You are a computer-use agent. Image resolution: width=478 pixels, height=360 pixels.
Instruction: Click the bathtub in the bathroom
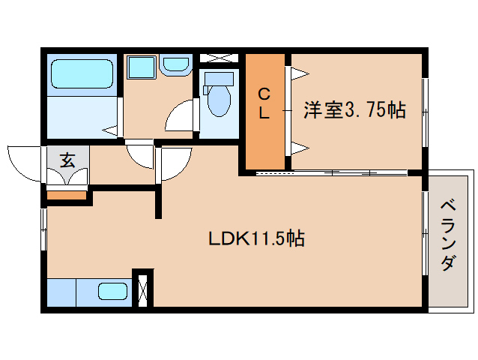coord(82,73)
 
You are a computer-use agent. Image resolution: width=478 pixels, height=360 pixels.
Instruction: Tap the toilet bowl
coord(219,100)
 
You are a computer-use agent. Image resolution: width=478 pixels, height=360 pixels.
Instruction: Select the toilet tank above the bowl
coord(220,79)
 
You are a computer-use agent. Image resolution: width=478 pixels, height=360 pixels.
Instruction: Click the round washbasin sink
coord(175,64)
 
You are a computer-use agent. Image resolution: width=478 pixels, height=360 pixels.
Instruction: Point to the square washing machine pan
coord(141,67)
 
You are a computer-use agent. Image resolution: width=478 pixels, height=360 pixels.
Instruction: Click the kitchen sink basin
coord(112,291)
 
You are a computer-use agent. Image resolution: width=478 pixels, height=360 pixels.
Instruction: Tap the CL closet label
coord(264,103)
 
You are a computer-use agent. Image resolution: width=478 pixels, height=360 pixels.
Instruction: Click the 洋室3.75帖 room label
coord(354,110)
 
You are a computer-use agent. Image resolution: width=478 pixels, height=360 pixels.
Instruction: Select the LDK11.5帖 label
coord(256,238)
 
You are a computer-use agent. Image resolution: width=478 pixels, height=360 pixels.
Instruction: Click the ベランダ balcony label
coord(448,235)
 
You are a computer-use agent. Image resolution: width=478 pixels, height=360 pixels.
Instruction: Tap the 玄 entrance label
coord(67,160)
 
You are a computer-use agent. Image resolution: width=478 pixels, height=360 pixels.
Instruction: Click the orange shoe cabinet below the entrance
coord(66,195)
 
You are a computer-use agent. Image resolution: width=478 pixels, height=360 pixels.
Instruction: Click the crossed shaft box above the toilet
coord(219,58)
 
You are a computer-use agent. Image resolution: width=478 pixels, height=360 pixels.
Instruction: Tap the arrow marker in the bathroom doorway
coord(109,131)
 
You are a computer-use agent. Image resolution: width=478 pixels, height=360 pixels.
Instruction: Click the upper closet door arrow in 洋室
coord(300,73)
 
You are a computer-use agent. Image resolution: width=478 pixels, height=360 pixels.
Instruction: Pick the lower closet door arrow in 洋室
coord(300,148)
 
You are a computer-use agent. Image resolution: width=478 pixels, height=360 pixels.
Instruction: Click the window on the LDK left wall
coord(44,229)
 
